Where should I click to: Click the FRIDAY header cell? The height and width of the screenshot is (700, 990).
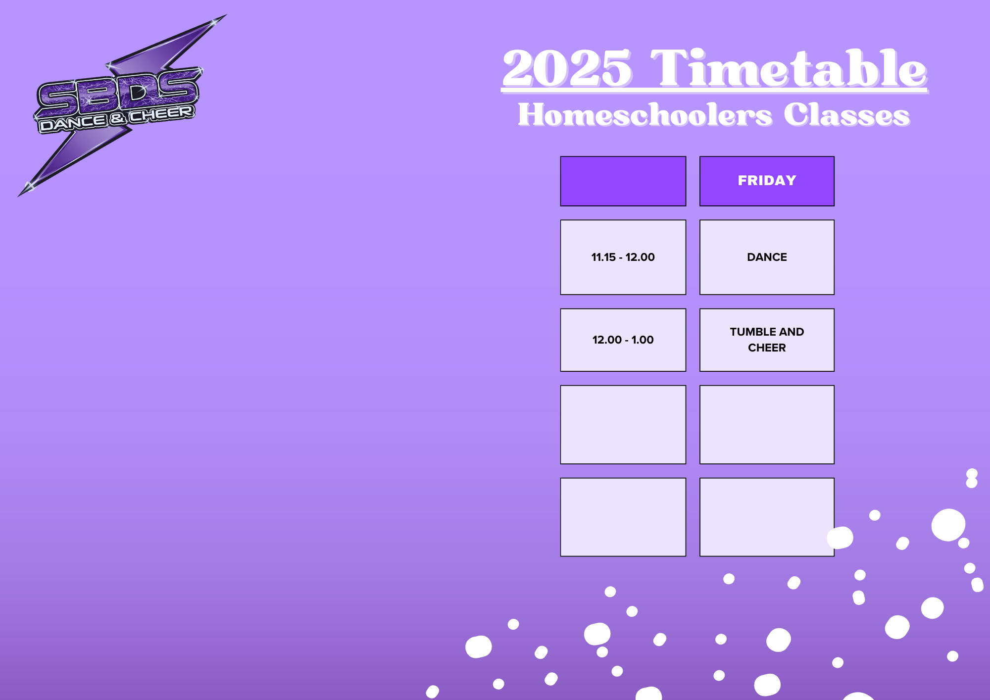click(x=767, y=181)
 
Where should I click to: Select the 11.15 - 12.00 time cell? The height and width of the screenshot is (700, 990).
click(x=623, y=257)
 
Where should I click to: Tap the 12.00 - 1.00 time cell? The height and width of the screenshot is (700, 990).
click(x=623, y=340)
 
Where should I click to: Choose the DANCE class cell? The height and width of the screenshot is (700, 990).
click(x=767, y=257)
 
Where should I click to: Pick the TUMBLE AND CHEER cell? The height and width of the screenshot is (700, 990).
click(x=767, y=340)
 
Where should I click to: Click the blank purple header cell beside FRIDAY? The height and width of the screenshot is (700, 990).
click(x=623, y=181)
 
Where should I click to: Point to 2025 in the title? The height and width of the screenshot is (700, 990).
click(x=567, y=68)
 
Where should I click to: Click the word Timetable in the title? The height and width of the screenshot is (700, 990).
click(x=789, y=68)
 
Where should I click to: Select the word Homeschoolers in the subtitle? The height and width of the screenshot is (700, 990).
click(x=645, y=115)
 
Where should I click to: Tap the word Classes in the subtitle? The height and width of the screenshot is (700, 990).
click(x=847, y=115)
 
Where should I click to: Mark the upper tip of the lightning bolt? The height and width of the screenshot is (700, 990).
click(x=226, y=15)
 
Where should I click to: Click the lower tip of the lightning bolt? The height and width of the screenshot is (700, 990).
click(x=19, y=196)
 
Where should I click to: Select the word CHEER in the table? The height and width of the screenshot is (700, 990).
click(x=767, y=348)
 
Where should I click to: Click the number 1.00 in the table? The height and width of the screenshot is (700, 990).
click(x=643, y=340)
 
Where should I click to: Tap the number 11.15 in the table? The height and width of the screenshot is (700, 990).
click(x=603, y=257)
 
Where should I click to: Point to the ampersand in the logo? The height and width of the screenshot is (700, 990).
click(x=117, y=118)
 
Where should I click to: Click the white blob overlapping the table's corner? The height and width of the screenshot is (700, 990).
click(x=840, y=538)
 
